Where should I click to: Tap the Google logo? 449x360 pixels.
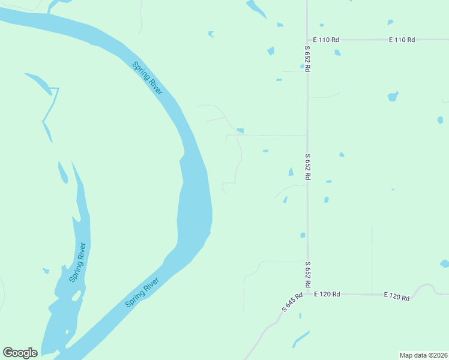20,353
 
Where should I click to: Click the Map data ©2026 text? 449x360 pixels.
423,355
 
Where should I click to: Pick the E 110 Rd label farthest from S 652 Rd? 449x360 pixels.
402,40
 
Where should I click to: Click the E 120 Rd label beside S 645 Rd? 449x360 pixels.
327,294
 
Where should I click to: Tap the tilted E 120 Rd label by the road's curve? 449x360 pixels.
397,296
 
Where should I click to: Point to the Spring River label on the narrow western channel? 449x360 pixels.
77,262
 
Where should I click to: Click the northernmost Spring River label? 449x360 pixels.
147,77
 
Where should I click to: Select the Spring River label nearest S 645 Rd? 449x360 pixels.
142,292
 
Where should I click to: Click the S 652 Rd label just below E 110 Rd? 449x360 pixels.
307,59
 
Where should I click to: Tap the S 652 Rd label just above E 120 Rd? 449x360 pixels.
307,274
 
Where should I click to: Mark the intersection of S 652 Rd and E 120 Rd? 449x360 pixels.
307,294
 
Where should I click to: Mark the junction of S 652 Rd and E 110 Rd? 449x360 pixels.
307,40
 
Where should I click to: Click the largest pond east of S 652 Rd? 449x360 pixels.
393,96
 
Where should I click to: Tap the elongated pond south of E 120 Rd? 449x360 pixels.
301,339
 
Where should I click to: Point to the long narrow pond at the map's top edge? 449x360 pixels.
256,9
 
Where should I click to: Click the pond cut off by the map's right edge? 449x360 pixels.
445,263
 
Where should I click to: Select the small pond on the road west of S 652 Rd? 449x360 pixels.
240,131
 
